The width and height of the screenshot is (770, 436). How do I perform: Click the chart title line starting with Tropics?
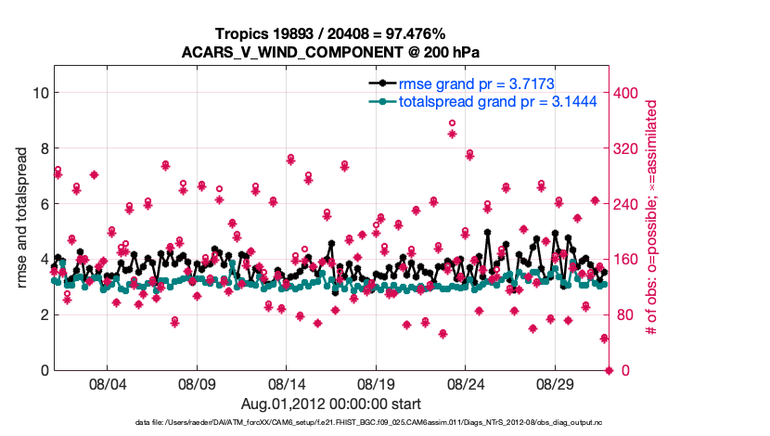(x=331, y=33)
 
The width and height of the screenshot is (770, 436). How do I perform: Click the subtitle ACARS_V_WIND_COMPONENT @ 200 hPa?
(x=331, y=52)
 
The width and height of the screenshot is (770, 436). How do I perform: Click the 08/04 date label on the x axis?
(x=107, y=383)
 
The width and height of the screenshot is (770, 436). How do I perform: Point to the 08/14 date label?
(x=287, y=383)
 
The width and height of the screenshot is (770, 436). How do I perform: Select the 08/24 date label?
(x=467, y=383)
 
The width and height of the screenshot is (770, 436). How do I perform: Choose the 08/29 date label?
(x=557, y=383)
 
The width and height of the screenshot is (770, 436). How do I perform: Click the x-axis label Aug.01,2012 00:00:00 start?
(x=331, y=404)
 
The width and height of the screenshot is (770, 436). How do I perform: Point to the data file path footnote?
(x=331, y=423)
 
